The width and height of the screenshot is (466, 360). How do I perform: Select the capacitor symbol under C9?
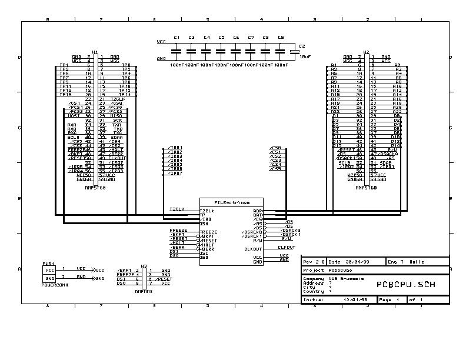pos(281,51)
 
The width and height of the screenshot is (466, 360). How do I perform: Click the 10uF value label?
pos(305,57)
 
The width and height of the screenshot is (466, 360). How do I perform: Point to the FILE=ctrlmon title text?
pos(232,202)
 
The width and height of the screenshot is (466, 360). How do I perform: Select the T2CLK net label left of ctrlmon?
pos(177,209)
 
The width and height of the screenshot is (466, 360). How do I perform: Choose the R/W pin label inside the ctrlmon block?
pos(258,240)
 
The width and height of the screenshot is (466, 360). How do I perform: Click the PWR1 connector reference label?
pos(48,264)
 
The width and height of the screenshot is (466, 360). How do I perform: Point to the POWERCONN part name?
pos(55,283)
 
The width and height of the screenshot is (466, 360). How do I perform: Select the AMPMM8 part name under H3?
pos(144,291)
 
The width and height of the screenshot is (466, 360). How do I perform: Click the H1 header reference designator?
pos(95,52)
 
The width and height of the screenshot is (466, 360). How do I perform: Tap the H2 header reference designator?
pos(367,52)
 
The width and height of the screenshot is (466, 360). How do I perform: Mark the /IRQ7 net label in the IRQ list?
pos(175,174)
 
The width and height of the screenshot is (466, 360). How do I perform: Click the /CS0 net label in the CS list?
pos(275,148)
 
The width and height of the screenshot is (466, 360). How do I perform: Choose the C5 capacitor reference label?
pos(221,38)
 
